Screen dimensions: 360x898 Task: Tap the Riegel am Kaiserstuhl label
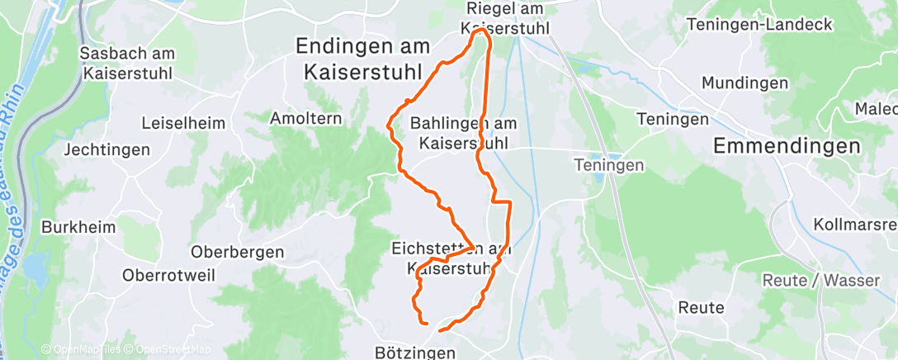[x=508, y=19]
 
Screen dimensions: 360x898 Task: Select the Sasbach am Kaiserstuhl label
[x=127, y=63]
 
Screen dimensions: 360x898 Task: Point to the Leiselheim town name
[x=183, y=123]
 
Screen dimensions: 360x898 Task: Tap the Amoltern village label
[x=305, y=119]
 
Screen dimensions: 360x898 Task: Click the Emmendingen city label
[x=786, y=146]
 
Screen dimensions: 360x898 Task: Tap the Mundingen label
[x=740, y=83]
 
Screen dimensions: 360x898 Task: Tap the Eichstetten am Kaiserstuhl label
[x=451, y=258]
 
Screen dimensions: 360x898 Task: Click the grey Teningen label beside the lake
[x=609, y=166]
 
